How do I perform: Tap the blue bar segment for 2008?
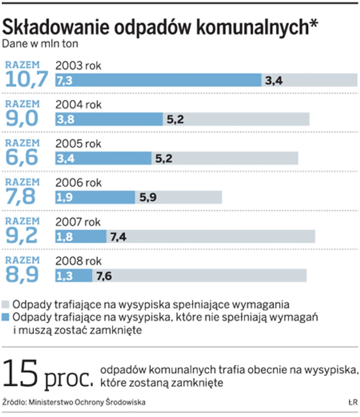(74, 276)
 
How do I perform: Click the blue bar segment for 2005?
(103, 158)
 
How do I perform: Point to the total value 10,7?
(27, 80)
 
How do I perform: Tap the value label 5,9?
(148, 197)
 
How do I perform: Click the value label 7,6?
(104, 276)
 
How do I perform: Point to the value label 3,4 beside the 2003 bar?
(274, 81)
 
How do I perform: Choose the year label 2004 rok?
(79, 105)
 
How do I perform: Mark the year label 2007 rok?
(79, 222)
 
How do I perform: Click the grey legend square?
(6, 305)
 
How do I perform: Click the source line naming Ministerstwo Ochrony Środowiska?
(74, 402)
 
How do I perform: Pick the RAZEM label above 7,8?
(22, 182)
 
